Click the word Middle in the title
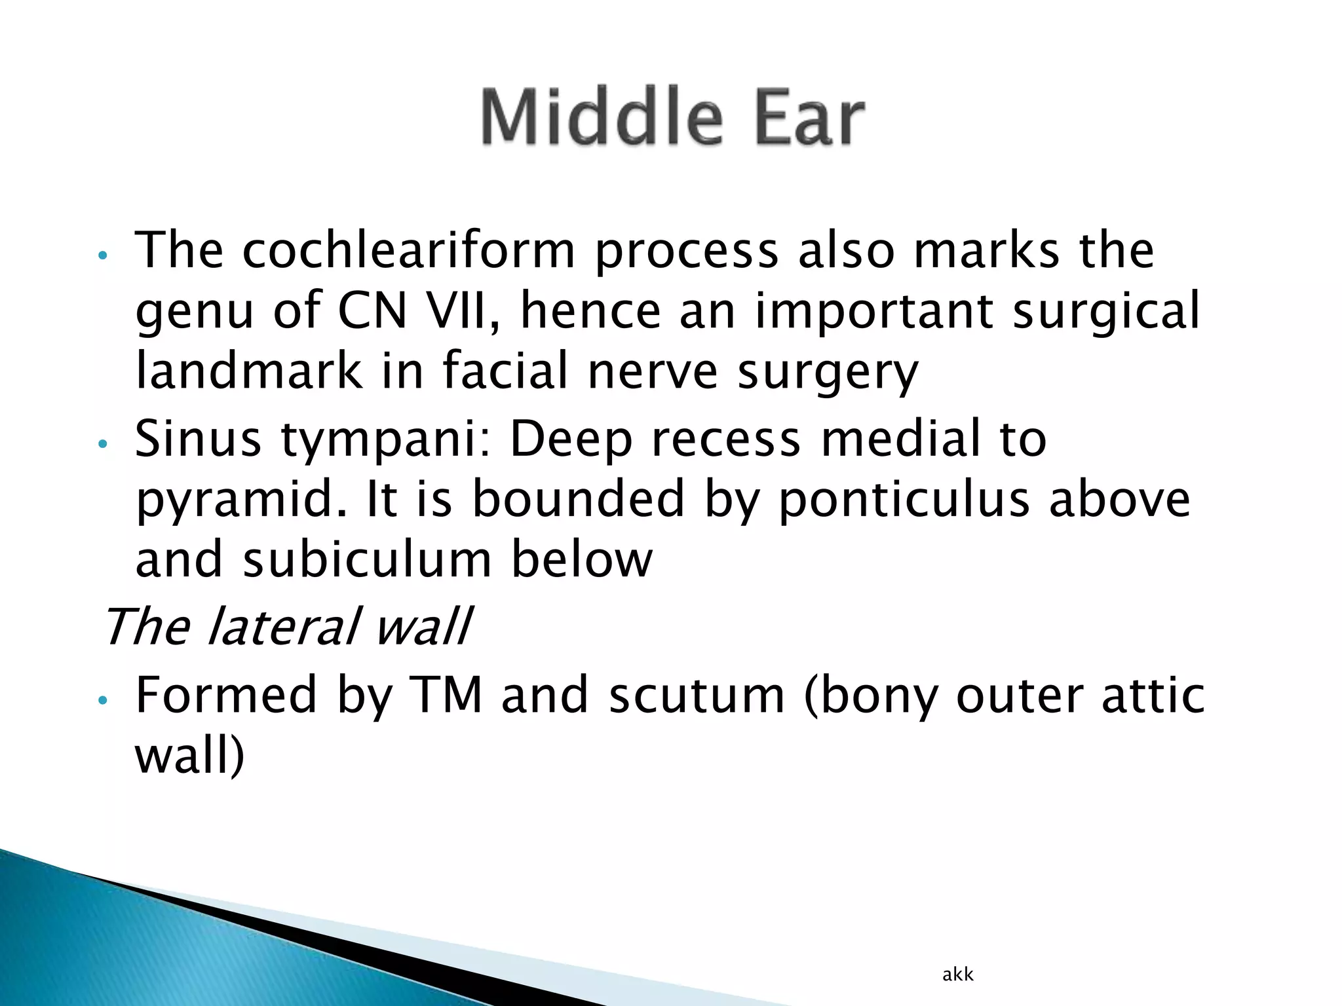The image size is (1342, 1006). pos(602,118)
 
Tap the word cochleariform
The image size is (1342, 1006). pos(408,251)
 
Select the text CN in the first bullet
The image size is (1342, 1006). pos(372,311)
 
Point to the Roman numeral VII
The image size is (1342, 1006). pos(465,311)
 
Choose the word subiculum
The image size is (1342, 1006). pos(367,560)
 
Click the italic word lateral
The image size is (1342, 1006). pos(284,627)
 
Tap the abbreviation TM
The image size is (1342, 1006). pos(446,696)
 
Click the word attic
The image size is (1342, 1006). pos(1153,696)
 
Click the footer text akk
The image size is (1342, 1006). pos(957,975)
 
